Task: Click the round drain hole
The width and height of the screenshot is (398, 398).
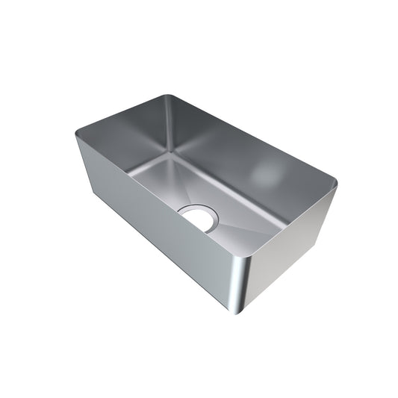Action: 199,218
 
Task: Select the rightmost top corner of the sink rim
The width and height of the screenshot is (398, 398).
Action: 334,181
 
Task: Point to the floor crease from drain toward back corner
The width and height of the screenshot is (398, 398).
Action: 183,183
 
